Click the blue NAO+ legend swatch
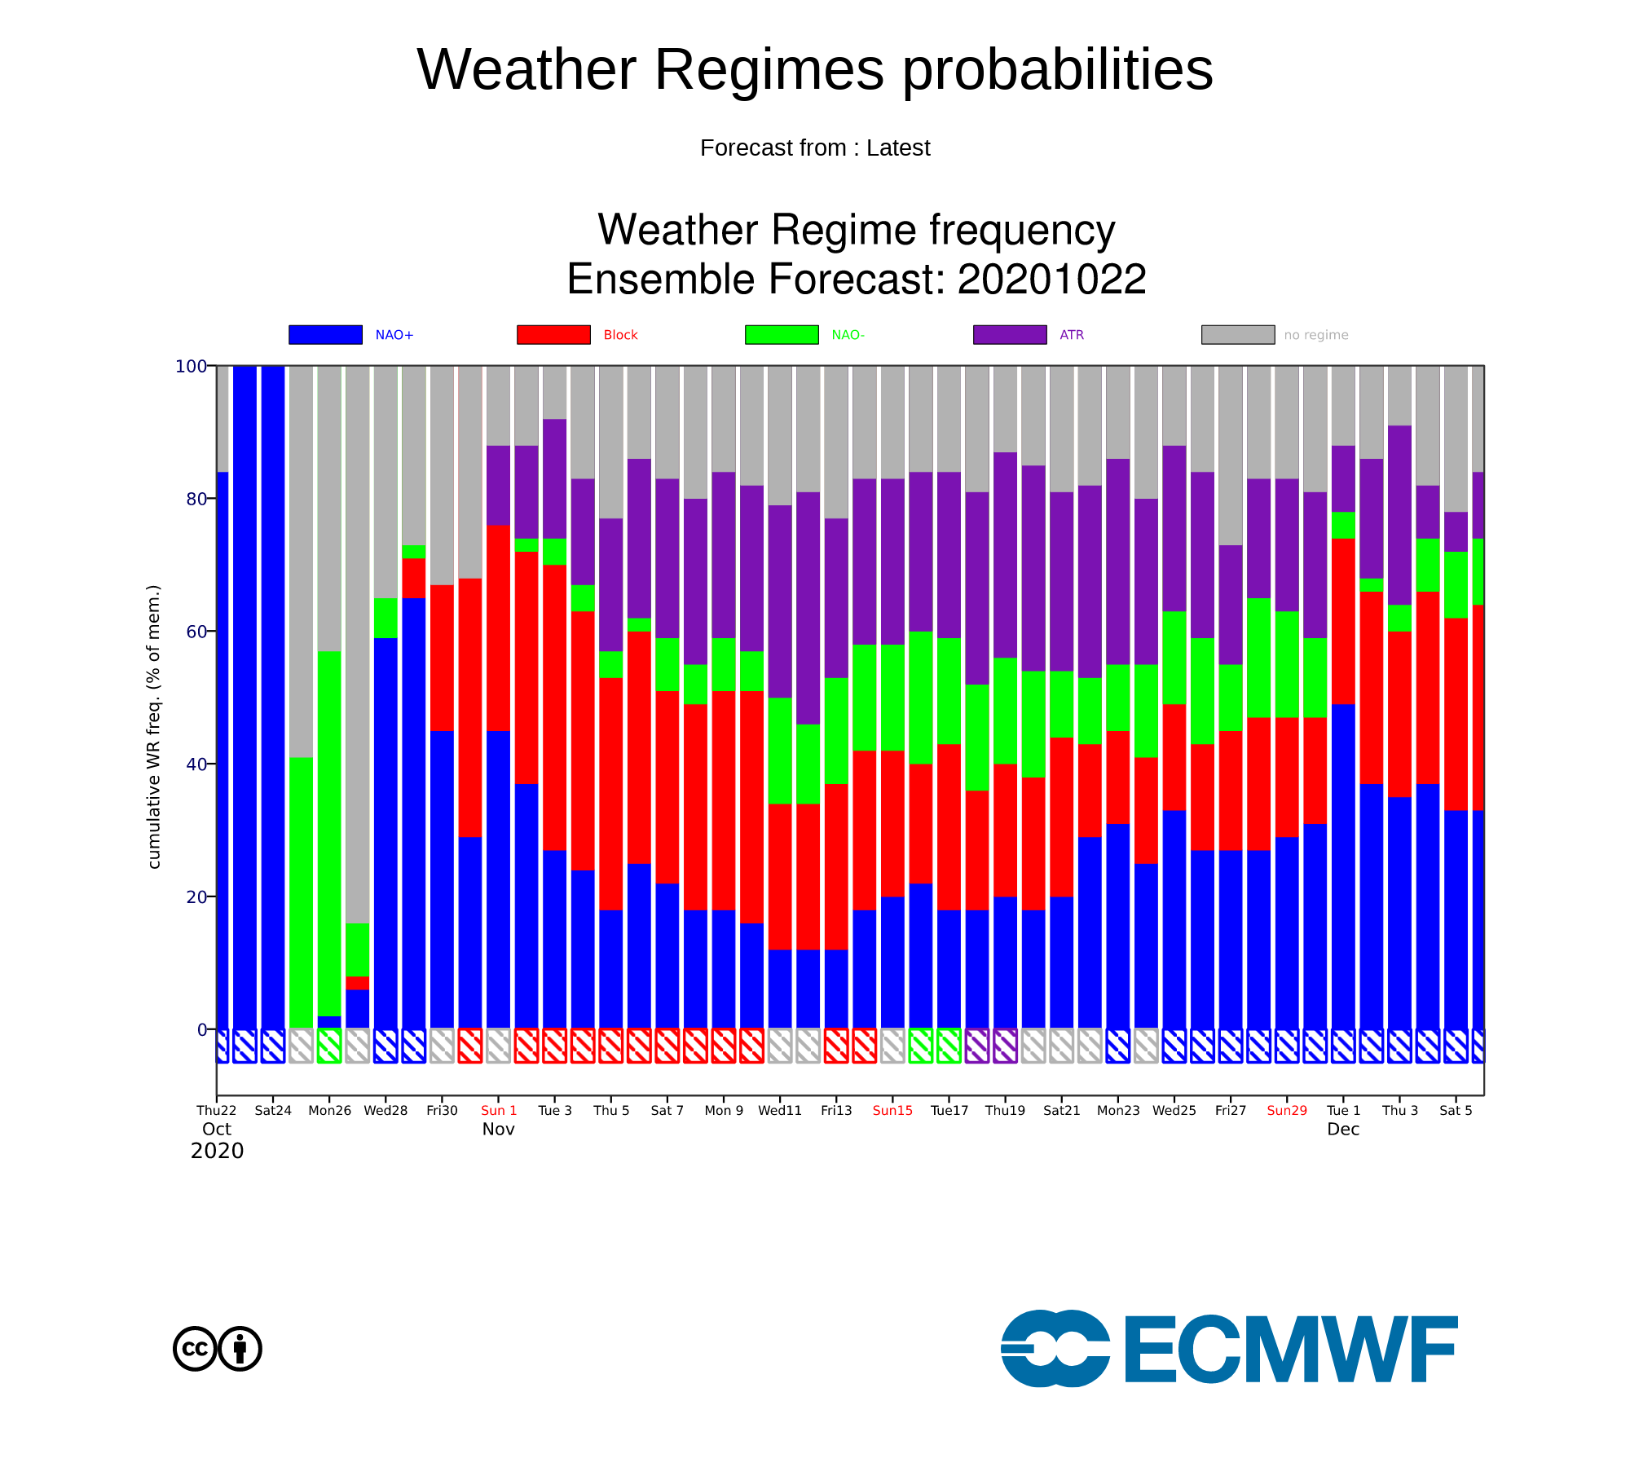325,334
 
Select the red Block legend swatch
553,334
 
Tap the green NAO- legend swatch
782,334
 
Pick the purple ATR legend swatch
1010,334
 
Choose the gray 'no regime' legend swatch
1238,334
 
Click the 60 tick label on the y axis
196,632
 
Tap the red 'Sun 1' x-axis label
499,1110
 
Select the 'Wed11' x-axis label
780,1110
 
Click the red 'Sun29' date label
1287,1110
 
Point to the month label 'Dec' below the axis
1343,1129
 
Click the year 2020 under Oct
217,1151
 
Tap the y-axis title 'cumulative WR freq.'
154,726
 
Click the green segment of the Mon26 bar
329,834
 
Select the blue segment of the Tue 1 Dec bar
1343,866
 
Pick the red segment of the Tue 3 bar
554,707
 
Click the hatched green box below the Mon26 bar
329,1046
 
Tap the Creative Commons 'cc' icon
195,1349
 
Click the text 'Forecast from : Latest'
815,148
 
